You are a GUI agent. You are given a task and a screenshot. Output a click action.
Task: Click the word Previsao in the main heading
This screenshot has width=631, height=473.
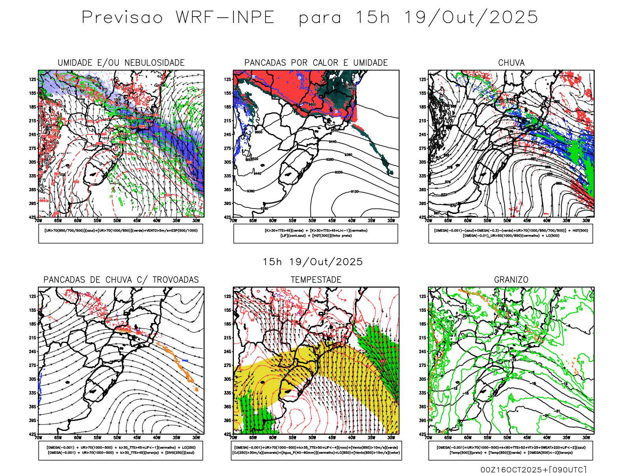coord(122,18)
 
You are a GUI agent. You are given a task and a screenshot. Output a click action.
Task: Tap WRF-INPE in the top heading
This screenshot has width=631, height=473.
coord(225,18)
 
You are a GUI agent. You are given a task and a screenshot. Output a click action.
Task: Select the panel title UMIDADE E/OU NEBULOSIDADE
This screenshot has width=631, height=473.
coord(121,63)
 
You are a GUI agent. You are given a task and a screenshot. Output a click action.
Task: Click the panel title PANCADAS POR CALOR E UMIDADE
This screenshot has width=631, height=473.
coord(316,63)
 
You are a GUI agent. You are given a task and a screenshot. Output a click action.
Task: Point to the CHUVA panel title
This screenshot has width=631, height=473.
coord(511,63)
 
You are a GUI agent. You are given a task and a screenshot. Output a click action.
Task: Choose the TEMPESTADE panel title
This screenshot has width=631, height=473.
coord(316,280)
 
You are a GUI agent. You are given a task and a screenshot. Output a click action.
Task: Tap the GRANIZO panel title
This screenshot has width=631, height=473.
coord(511,280)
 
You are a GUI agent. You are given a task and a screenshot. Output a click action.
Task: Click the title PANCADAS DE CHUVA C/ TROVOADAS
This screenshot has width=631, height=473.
coord(121,280)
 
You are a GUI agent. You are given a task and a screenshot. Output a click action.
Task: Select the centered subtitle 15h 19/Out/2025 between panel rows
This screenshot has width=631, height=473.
coord(313,262)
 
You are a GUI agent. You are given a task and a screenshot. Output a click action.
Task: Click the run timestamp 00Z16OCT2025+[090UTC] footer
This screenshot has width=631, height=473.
coord(533,469)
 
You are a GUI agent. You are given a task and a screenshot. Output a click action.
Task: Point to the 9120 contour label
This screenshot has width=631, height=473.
coord(355,192)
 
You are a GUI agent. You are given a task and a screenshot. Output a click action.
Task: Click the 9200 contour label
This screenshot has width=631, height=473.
coord(338,173)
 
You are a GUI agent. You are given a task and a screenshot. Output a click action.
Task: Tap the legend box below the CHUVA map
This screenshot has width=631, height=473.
coord(511,233)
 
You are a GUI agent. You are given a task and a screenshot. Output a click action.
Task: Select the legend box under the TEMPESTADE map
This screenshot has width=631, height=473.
coord(316,450)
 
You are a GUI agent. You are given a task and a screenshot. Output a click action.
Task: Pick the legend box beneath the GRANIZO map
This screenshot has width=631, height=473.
coord(511,450)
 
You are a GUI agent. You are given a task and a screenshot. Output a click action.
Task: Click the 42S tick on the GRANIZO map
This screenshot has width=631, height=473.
coord(423,434)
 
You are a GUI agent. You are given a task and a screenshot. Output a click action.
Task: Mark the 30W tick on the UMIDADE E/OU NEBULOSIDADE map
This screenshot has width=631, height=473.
coord(196,221)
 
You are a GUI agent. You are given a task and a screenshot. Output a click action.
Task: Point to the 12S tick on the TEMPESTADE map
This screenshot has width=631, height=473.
coord(228,296)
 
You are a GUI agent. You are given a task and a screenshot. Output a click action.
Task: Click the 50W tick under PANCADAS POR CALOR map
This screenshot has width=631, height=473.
coord(312,221)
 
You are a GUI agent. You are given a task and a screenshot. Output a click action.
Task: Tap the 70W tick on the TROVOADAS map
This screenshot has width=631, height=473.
coord(38,438)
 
